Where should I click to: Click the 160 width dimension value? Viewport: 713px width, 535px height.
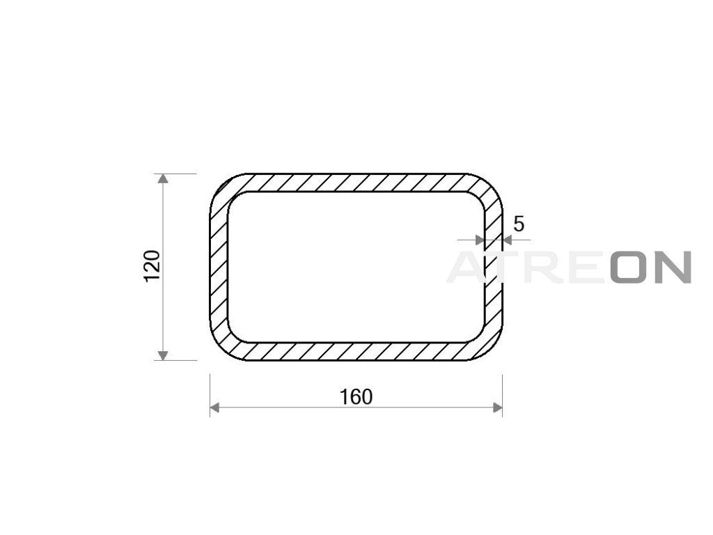356,396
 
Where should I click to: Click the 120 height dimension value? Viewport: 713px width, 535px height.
152,266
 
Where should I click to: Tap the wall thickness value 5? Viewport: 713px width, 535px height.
518,224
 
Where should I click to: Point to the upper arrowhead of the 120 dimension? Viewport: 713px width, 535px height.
163,178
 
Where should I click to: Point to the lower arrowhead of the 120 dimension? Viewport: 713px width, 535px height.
163,355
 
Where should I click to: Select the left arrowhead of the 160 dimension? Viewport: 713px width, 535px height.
214,408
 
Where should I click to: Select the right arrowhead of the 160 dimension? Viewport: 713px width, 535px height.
497,408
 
